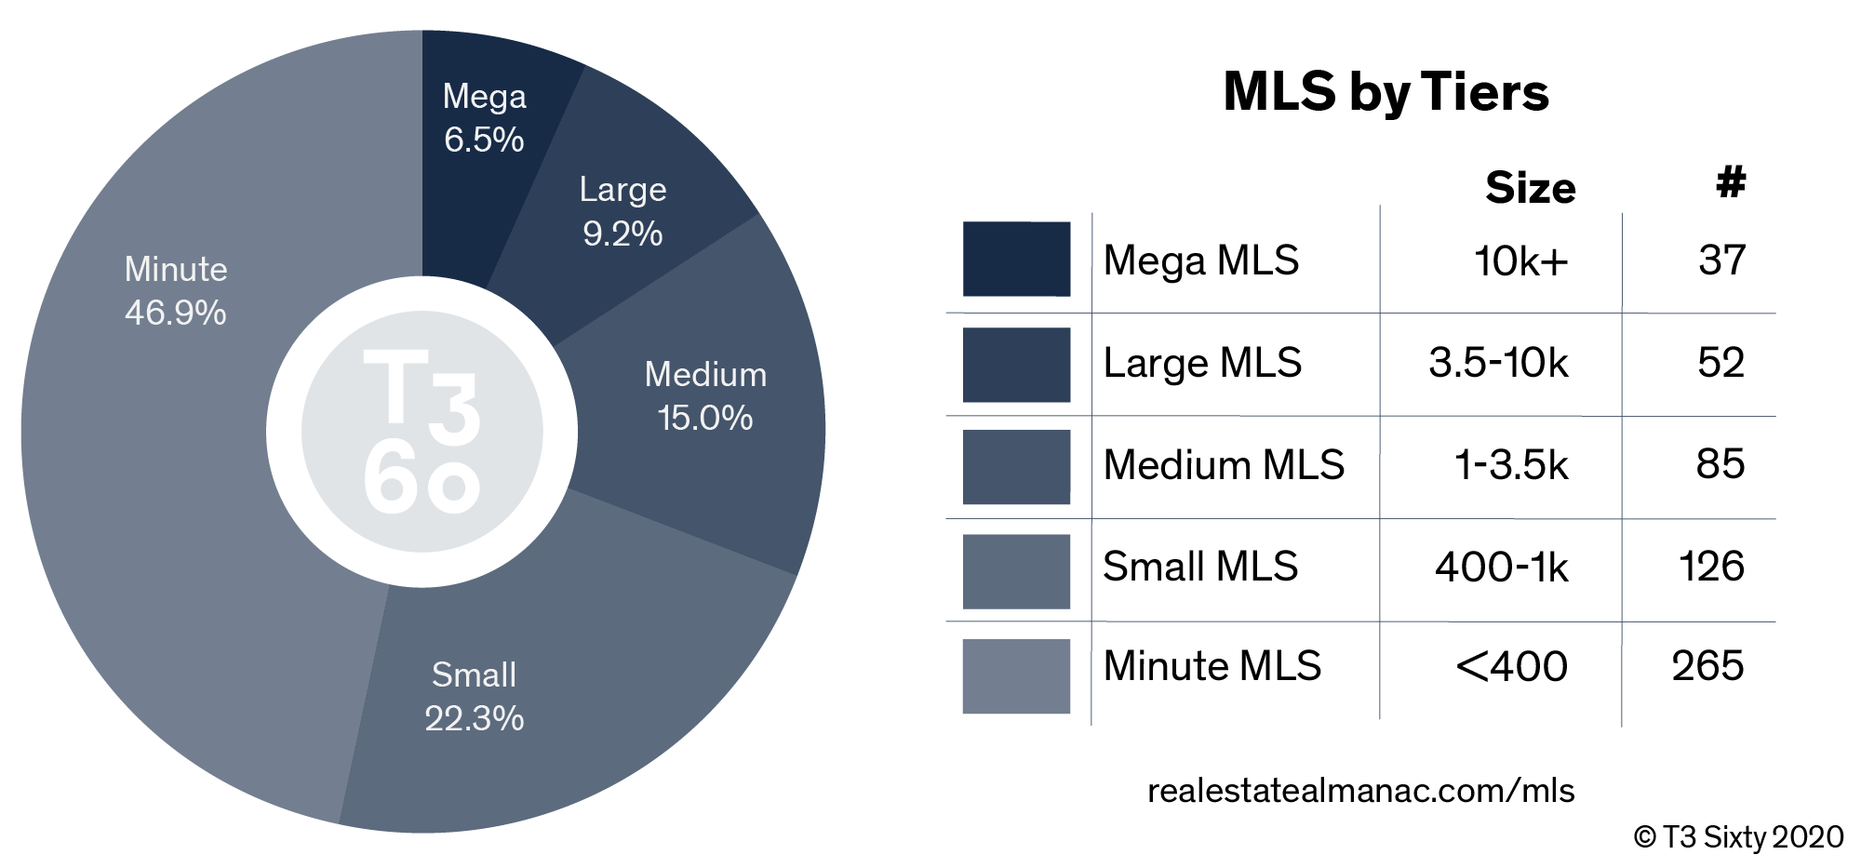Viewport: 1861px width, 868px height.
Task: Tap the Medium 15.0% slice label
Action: click(x=705, y=396)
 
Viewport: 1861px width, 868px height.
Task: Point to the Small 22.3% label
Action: click(x=475, y=697)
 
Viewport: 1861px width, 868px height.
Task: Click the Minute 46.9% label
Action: click(x=176, y=290)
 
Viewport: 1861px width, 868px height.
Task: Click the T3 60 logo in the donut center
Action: click(x=422, y=432)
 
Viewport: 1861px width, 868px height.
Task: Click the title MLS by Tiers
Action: click(x=1386, y=93)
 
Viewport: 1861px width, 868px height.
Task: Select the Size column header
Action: click(x=1531, y=188)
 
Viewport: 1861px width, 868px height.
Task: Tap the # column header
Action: click(x=1731, y=182)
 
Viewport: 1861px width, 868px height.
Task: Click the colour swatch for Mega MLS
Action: click(x=1016, y=259)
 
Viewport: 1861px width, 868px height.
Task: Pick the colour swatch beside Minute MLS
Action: click(x=1016, y=676)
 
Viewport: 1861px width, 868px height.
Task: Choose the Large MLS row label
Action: click(x=1202, y=363)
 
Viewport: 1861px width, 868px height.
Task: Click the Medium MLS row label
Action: click(x=1224, y=464)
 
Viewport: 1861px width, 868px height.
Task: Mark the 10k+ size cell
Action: click(x=1521, y=260)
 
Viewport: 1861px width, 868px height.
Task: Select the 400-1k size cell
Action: click(x=1502, y=567)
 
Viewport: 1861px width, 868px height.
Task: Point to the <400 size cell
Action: click(x=1512, y=666)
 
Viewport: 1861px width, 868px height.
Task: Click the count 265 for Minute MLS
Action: click(x=1707, y=666)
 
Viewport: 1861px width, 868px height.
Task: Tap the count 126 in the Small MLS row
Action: click(x=1712, y=567)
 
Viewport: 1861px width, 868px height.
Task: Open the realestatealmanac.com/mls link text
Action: click(x=1360, y=791)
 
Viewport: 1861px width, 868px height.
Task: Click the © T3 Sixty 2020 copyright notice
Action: click(x=1738, y=837)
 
